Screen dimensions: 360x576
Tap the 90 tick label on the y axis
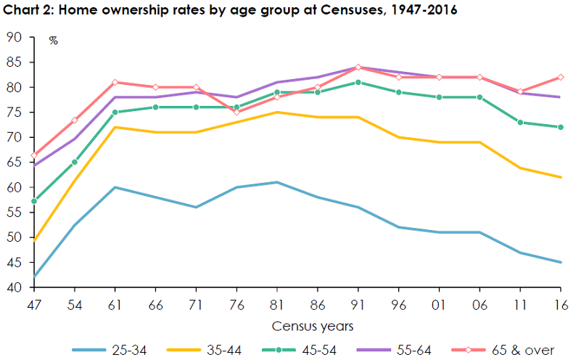coord(15,37)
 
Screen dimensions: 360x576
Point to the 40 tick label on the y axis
coord(15,287)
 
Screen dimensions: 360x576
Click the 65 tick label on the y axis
coord(15,163)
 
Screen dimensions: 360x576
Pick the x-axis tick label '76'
coord(236,304)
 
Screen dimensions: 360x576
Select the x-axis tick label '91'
coord(358,304)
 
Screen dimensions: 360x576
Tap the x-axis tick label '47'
coord(33,304)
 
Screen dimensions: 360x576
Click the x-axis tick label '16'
coord(561,304)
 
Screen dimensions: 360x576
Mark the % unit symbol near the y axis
coord(53,41)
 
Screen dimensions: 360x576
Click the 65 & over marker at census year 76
coord(236,112)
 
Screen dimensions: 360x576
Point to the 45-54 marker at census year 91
coord(358,82)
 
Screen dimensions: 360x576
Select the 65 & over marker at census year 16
coord(561,77)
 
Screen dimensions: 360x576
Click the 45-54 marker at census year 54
coord(75,162)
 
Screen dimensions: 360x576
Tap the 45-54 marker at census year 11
coord(520,122)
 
